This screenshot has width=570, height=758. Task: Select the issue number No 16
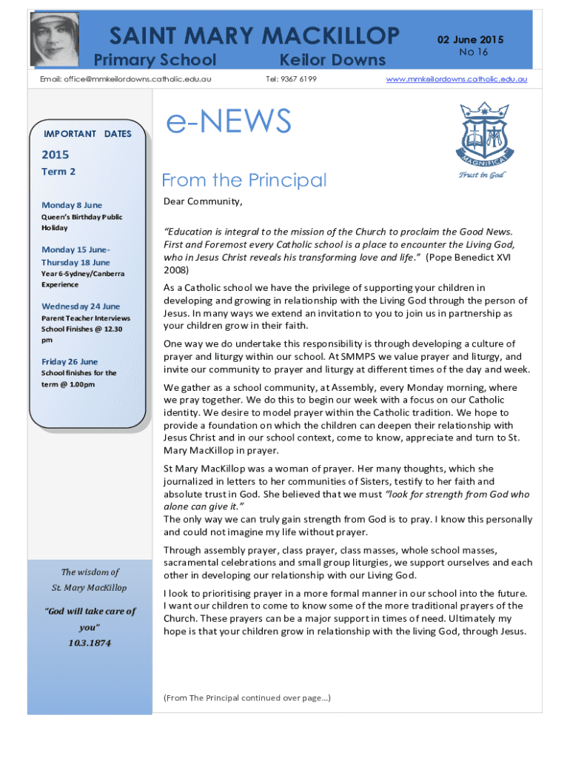click(474, 52)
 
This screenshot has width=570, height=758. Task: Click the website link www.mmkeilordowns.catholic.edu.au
click(457, 78)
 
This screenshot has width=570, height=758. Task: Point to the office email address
click(127, 78)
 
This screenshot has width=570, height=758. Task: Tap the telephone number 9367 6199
click(291, 78)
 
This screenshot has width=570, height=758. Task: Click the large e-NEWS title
click(229, 123)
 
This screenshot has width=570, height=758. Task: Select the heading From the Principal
click(244, 180)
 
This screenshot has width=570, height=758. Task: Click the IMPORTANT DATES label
click(87, 134)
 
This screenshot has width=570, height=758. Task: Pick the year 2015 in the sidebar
click(56, 155)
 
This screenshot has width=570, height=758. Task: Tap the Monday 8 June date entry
click(72, 205)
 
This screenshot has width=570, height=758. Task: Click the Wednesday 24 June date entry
click(81, 306)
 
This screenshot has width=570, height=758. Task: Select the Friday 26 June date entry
click(70, 362)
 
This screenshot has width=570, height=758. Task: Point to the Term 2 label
click(58, 172)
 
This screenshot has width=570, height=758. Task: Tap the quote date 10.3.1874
click(89, 643)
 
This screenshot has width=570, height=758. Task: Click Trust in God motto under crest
click(481, 175)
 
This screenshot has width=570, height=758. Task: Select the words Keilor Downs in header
click(332, 60)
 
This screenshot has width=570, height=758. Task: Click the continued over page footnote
click(247, 697)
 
